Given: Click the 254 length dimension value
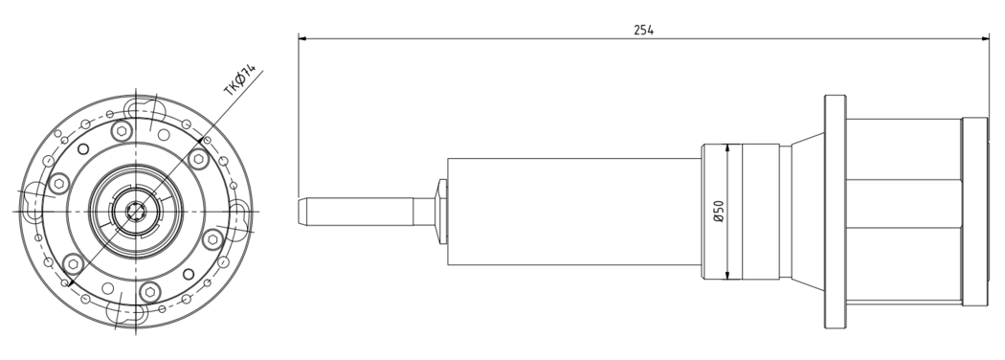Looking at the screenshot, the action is pos(643,30).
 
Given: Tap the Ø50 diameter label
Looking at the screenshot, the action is pos(719,212).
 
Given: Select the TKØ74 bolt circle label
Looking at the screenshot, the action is pos(239,79).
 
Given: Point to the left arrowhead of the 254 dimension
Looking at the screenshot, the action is pos(302,38).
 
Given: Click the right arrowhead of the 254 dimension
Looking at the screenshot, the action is pos(984,38).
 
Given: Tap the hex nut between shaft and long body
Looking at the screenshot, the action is pos(441,212).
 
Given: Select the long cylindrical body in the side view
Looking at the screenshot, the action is pos(574,212).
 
